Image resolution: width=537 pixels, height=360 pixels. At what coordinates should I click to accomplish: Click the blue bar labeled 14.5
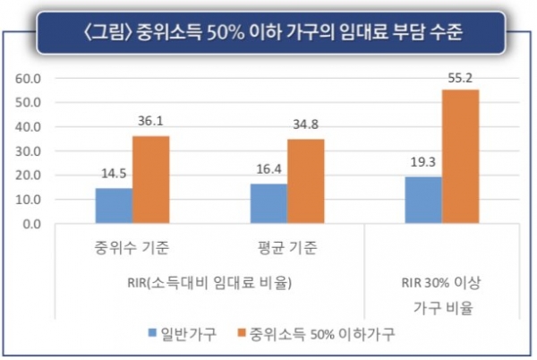114,206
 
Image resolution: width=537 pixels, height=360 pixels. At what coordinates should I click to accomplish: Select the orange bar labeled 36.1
150,180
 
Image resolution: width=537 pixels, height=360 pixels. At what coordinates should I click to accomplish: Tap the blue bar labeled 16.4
268,203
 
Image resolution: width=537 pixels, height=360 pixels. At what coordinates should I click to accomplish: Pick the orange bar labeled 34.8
305,181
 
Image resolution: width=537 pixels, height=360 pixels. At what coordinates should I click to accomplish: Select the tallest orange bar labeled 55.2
460,157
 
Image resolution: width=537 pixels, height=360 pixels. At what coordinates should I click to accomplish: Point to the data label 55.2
460,79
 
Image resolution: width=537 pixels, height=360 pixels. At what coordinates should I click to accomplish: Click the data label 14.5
114,176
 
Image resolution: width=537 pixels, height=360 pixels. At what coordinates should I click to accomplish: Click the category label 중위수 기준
132,246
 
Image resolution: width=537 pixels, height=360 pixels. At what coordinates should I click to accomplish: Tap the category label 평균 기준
286,246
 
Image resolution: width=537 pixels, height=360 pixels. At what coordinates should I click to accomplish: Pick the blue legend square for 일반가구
154,333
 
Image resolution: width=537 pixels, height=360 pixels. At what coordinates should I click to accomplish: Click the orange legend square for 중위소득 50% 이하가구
241,333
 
